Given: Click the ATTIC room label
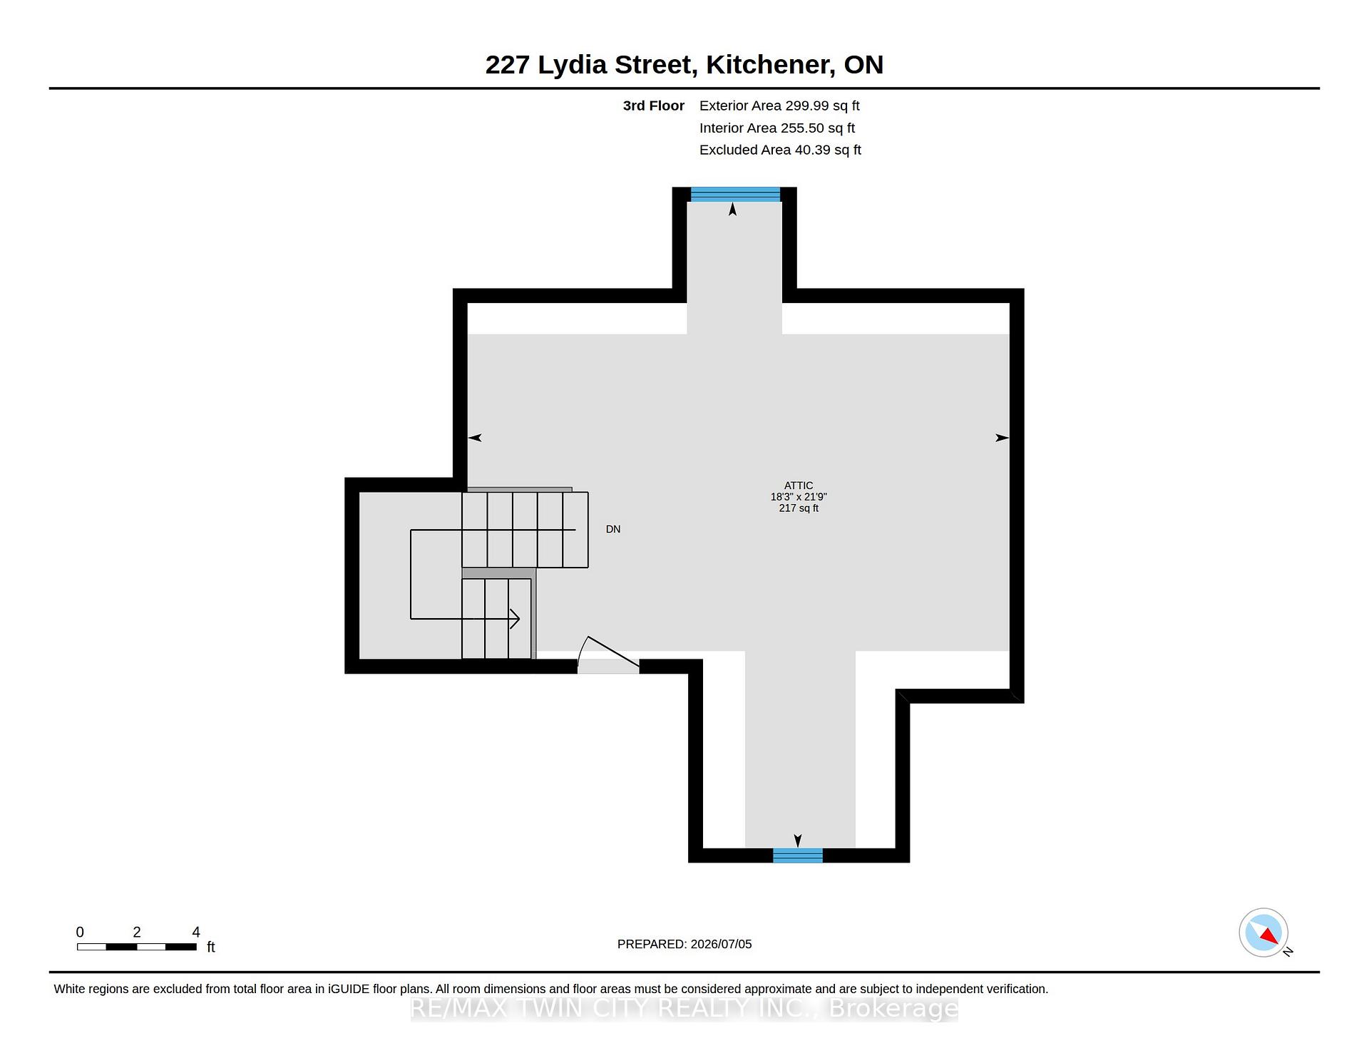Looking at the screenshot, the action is [x=799, y=486].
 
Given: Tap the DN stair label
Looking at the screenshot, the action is [x=613, y=529].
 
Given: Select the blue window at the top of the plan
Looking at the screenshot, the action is [x=735, y=194].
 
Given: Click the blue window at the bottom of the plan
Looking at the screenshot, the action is [x=798, y=856].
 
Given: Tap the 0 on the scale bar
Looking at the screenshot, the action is [x=80, y=932].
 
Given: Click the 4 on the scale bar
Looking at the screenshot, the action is [x=196, y=932].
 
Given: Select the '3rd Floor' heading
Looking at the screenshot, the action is [x=653, y=106].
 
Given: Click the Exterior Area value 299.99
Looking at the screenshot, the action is [x=807, y=106].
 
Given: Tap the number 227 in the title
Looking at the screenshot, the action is [x=507, y=64].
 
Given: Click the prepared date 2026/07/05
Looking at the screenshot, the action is [x=721, y=944].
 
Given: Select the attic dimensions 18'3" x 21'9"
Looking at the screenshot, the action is [x=799, y=497].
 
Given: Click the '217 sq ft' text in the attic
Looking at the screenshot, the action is [x=799, y=508].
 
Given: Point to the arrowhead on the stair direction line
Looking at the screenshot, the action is [x=514, y=618].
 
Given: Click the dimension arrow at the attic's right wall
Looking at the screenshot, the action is [x=1002, y=438].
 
